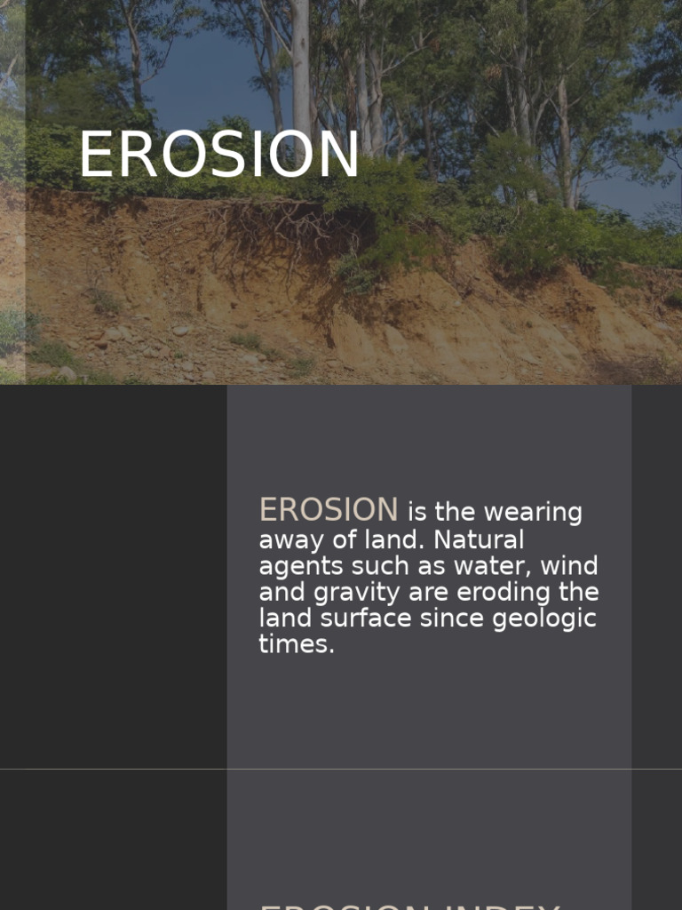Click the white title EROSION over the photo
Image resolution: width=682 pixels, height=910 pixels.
[x=218, y=156]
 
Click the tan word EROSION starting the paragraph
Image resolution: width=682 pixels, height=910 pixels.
[x=328, y=510]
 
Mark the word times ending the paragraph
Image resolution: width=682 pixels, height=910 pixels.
[x=297, y=645]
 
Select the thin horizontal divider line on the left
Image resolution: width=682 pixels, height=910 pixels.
[x=113, y=769]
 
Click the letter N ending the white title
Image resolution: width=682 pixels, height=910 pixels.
[x=338, y=156]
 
